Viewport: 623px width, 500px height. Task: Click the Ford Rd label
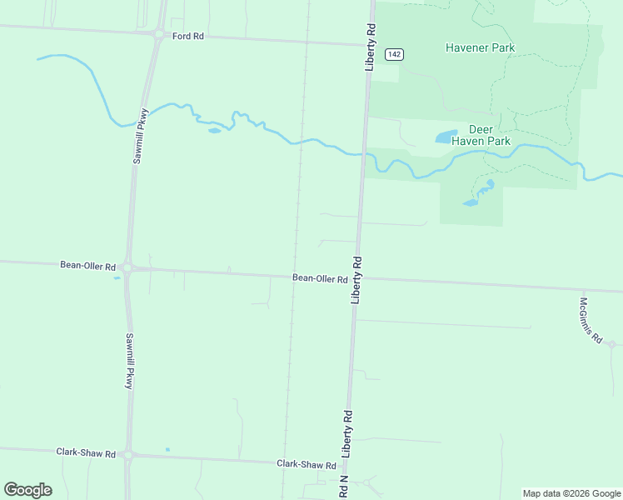pyautogui.click(x=188, y=37)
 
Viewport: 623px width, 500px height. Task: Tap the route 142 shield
pyautogui.click(x=395, y=54)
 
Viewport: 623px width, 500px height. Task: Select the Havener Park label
pyautogui.click(x=480, y=47)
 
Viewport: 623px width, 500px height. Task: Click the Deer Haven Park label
pyautogui.click(x=481, y=135)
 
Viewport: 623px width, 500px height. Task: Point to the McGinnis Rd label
pyautogui.click(x=591, y=320)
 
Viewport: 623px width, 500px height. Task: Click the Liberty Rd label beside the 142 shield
pyautogui.click(x=371, y=47)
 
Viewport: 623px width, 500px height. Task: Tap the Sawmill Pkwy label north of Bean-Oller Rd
pyautogui.click(x=141, y=135)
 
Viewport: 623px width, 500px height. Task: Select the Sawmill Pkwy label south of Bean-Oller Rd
pyautogui.click(x=130, y=362)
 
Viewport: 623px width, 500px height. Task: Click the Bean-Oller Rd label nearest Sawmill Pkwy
pyautogui.click(x=87, y=266)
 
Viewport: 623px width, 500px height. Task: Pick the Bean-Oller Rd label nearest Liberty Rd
pyautogui.click(x=320, y=278)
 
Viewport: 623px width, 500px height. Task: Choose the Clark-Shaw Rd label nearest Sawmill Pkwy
pyautogui.click(x=85, y=452)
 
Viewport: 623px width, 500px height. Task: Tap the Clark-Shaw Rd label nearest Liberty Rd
pyautogui.click(x=307, y=464)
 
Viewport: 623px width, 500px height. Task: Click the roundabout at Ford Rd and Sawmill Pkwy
pyautogui.click(x=158, y=34)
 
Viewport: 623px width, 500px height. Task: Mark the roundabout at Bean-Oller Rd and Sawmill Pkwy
pyautogui.click(x=127, y=268)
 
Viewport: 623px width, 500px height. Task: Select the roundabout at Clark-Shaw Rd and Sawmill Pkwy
pyautogui.click(x=128, y=455)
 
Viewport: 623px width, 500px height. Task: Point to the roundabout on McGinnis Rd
pyautogui.click(x=611, y=344)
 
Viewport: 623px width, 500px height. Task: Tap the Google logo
pyautogui.click(x=27, y=490)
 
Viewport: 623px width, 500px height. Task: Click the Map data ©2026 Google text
pyautogui.click(x=571, y=493)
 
